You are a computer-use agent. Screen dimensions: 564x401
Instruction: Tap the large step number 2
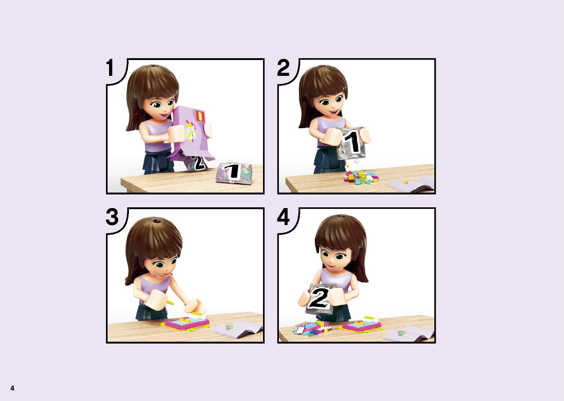283,68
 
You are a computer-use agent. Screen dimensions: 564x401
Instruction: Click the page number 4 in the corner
12,388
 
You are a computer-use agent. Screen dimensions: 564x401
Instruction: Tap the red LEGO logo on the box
200,116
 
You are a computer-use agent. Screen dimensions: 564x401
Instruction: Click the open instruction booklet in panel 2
412,184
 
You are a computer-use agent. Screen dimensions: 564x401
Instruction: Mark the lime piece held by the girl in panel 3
170,302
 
